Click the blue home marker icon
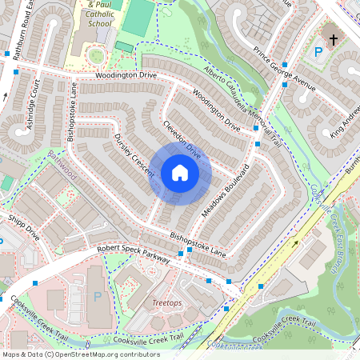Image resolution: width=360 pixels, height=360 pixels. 179,173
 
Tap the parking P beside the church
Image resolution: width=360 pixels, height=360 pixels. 319,52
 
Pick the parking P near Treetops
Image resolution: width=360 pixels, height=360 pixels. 98,296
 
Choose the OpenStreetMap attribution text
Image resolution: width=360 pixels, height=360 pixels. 80,354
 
